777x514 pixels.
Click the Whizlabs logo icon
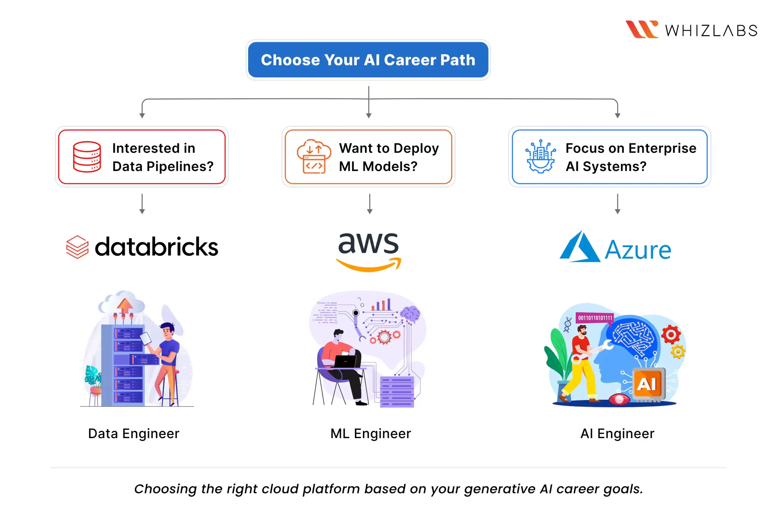pyautogui.click(x=641, y=29)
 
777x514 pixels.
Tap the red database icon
pyautogui.click(x=87, y=157)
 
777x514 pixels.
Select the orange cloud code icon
pyautogui.click(x=314, y=157)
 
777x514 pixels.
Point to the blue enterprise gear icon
pyautogui.click(x=540, y=157)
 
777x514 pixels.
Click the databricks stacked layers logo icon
pyautogui.click(x=77, y=247)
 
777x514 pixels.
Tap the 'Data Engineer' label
pyautogui.click(x=134, y=433)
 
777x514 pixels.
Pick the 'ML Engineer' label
pyautogui.click(x=370, y=433)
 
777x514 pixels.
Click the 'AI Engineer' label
pyautogui.click(x=617, y=433)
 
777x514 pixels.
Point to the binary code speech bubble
pyautogui.click(x=595, y=318)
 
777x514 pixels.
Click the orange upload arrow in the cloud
pyautogui.click(x=125, y=305)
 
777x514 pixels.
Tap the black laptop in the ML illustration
pyautogui.click(x=345, y=362)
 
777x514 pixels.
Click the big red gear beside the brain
pyautogui.click(x=670, y=334)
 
